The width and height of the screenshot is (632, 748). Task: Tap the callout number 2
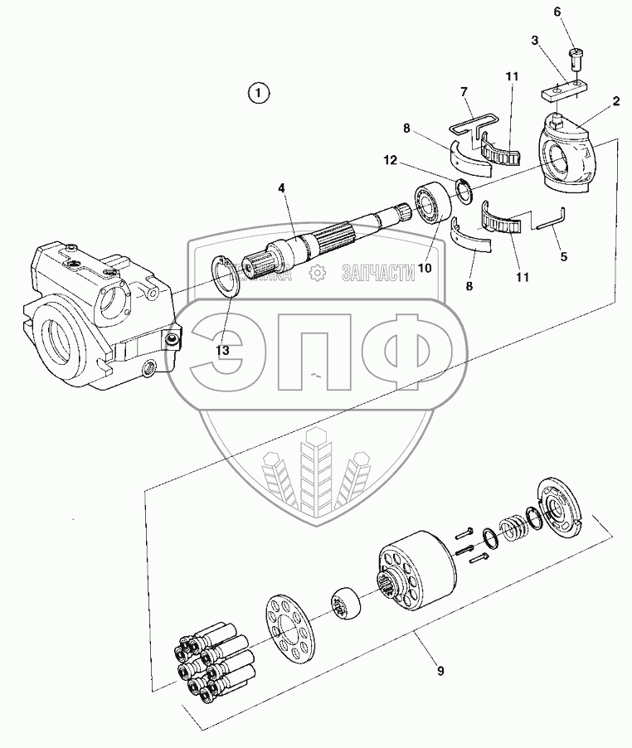(616, 101)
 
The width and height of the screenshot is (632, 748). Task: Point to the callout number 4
(282, 189)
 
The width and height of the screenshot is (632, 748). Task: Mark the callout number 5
(563, 256)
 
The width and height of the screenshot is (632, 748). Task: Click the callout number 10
(425, 268)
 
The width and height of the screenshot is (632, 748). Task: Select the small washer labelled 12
(465, 190)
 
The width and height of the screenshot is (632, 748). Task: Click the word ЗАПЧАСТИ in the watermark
(377, 274)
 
